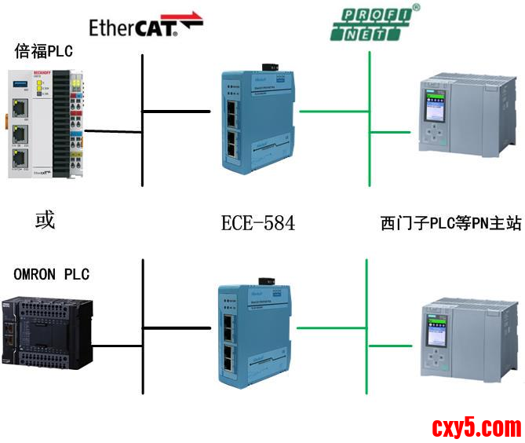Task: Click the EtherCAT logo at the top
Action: click(x=145, y=27)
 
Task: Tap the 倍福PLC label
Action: click(x=43, y=52)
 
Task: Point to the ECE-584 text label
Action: click(x=258, y=223)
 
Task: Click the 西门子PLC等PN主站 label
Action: click(x=450, y=224)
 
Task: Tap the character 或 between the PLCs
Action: click(x=45, y=220)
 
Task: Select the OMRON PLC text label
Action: click(x=52, y=274)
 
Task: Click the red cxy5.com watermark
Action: click(x=476, y=427)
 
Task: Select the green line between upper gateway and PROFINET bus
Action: click(x=334, y=112)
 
